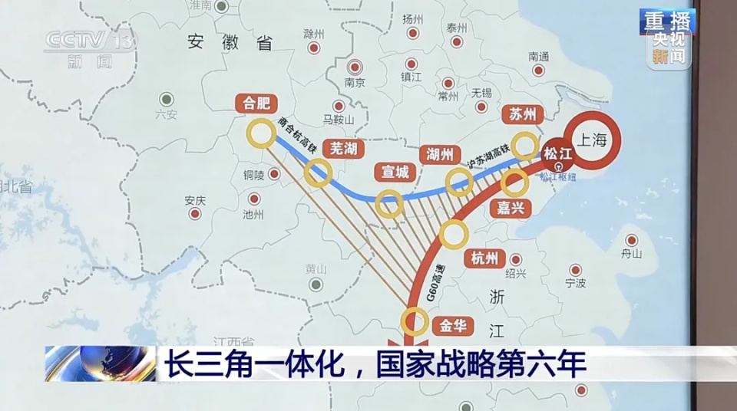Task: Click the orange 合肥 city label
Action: (257, 104)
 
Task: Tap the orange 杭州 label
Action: (485, 258)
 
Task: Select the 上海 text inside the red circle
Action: (592, 140)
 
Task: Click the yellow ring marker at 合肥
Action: (261, 133)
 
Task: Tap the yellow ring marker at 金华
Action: (415, 321)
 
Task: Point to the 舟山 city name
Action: (631, 254)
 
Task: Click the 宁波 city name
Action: (575, 283)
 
